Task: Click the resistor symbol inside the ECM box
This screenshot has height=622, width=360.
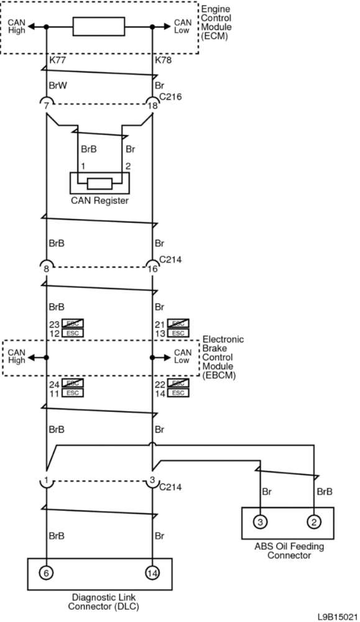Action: point(99,27)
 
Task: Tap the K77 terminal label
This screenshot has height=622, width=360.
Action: point(58,60)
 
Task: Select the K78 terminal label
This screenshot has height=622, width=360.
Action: point(164,60)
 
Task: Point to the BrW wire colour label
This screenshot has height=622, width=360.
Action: point(57,85)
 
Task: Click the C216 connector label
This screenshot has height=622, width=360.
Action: point(170,96)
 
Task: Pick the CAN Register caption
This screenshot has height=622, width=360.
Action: point(99,201)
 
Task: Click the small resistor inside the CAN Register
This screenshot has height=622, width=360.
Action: point(99,183)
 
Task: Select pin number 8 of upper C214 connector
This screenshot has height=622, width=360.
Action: point(47,269)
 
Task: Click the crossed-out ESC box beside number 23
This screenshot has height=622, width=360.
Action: point(72,323)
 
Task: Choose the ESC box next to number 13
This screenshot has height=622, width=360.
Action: point(178,333)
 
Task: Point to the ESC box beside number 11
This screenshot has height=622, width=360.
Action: point(72,393)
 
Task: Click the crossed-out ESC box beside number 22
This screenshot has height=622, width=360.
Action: point(178,383)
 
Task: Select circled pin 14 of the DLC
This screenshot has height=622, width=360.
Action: point(153,573)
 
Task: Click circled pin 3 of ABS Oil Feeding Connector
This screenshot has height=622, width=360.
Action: point(260,522)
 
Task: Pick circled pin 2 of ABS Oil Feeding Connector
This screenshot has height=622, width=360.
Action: point(314,522)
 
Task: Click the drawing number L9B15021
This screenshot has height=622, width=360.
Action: point(338,616)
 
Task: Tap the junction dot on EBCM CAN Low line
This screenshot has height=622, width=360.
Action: point(153,358)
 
